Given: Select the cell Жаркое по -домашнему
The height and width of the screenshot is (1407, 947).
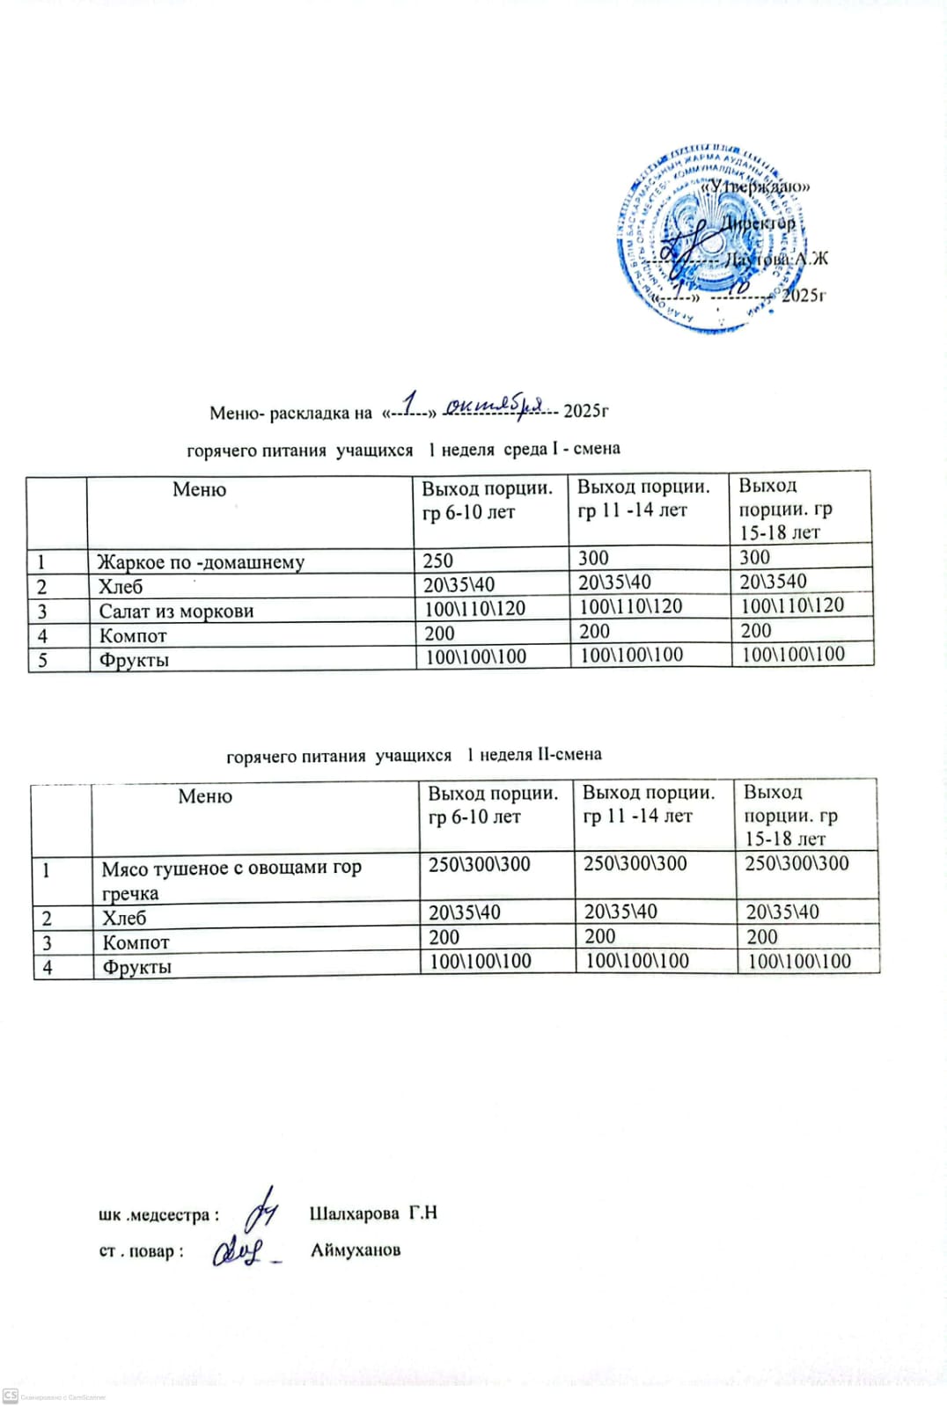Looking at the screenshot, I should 201,561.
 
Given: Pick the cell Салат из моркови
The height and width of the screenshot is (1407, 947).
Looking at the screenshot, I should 176,611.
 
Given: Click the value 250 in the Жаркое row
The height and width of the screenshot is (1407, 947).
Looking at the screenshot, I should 437,561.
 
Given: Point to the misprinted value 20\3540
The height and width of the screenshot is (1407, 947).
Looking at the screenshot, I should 773,581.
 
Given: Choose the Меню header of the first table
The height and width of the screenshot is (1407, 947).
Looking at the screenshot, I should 200,489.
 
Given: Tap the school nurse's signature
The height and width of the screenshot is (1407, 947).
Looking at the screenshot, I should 261,1212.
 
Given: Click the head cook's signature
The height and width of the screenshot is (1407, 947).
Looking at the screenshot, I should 239,1250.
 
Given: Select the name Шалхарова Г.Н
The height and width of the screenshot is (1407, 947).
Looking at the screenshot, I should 373,1213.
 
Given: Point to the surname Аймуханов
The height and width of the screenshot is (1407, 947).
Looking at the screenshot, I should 356,1249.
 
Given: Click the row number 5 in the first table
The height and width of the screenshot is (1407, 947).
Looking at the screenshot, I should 41,660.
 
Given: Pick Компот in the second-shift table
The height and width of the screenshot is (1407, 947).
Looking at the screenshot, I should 136,942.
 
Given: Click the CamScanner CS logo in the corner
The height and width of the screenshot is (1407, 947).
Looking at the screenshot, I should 11,1396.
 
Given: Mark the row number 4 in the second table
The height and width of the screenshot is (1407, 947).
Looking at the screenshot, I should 48,967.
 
